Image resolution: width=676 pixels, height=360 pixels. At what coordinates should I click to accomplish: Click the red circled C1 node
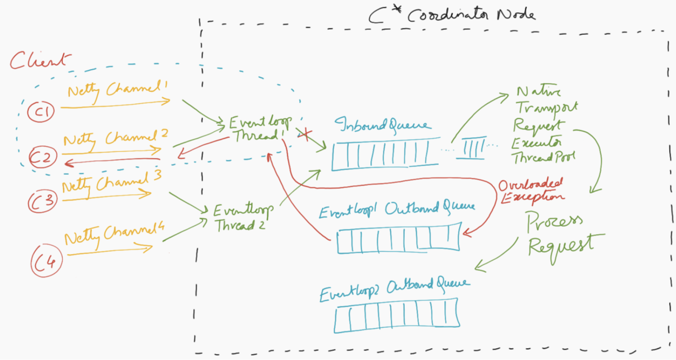(41, 112)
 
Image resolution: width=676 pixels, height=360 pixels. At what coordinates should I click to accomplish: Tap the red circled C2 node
(43, 157)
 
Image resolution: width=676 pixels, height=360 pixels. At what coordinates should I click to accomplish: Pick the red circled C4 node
(47, 261)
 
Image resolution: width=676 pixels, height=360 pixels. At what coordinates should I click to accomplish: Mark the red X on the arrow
(305, 134)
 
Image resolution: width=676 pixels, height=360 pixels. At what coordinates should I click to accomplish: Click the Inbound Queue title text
(383, 125)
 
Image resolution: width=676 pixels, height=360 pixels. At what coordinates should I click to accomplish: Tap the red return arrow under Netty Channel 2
(112, 161)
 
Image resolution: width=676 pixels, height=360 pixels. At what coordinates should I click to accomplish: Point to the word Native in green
(538, 91)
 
